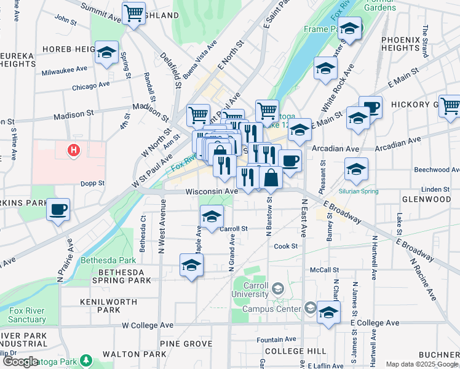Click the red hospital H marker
(74, 149)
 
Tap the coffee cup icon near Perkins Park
(58, 210)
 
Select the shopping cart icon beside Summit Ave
(133, 13)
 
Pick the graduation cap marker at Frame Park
(349, 28)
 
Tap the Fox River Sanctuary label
(27, 315)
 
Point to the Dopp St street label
(92, 183)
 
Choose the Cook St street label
(286, 246)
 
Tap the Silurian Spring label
(357, 192)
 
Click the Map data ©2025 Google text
(421, 364)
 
